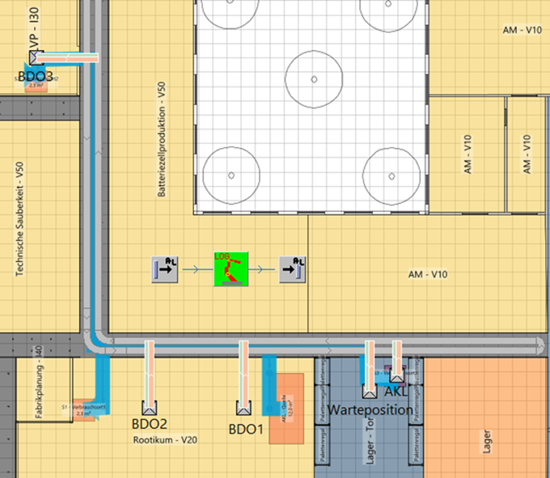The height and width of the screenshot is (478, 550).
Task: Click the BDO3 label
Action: pos(35,77)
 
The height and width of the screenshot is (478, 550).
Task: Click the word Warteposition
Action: pos(370,409)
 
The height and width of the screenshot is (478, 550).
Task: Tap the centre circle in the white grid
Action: pos(312,79)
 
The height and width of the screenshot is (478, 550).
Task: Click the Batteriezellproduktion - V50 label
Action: pos(163,139)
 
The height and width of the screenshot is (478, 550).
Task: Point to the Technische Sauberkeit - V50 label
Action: pos(19,218)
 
